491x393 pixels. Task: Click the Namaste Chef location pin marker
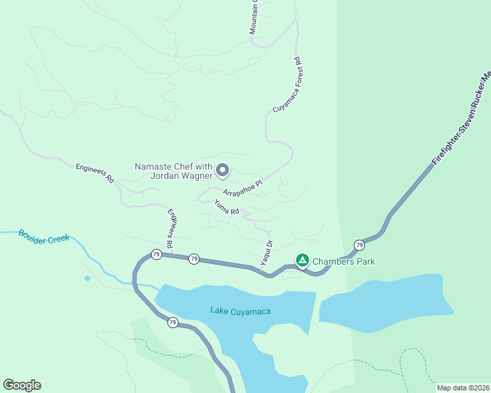[223, 170]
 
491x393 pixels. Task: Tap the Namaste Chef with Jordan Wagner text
[173, 171]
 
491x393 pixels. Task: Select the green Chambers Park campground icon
[302, 261]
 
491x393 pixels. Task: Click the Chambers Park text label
[343, 261]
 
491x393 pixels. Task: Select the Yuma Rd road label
[226, 207]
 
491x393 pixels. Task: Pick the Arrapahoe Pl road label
[242, 188]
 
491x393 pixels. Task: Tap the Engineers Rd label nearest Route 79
[170, 229]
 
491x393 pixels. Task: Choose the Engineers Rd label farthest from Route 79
[95, 173]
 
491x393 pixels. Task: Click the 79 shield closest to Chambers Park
[359, 245]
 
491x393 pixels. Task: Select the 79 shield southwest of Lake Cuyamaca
[172, 322]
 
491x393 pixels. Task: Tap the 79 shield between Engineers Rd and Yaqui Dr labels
[194, 259]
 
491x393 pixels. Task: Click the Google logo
[22, 385]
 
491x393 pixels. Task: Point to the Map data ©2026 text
[462, 388]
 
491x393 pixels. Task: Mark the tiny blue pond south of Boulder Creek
[87, 278]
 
